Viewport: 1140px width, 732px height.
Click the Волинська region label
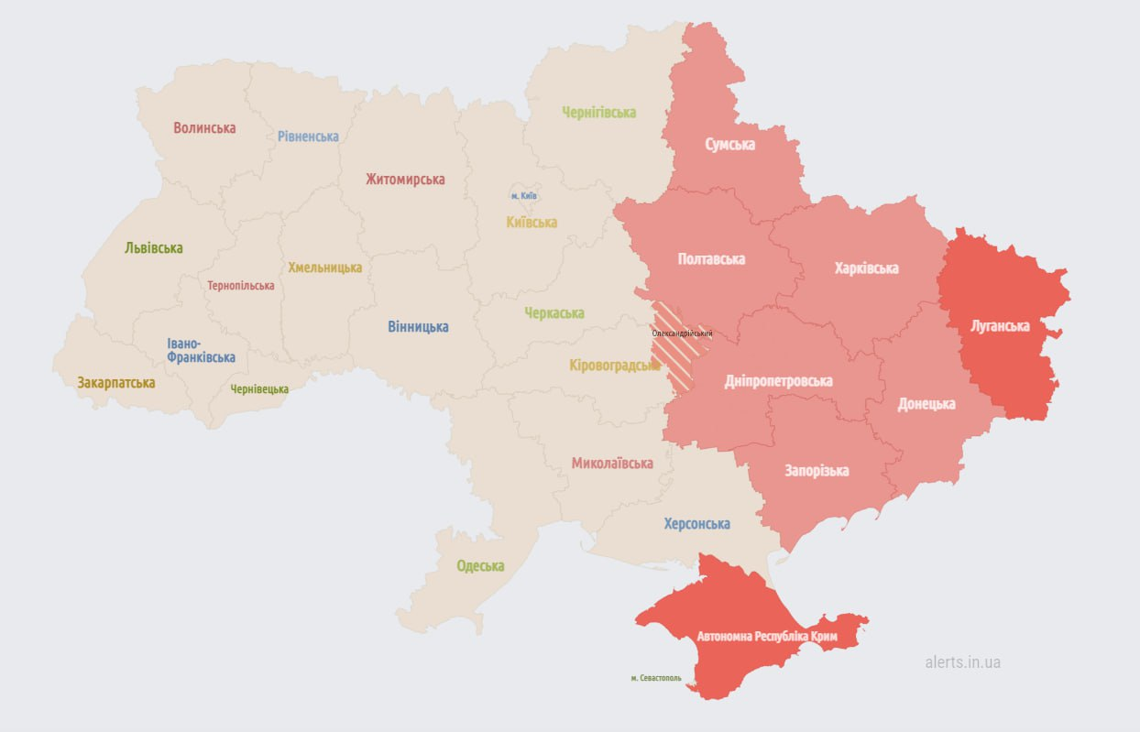pos(204,128)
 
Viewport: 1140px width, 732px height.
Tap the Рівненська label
pos(308,137)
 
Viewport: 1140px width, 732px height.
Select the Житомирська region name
pos(405,180)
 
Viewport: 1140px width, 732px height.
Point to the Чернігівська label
pos(599,113)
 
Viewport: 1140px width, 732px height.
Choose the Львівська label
pos(154,248)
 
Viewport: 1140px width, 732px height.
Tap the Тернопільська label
pos(241,286)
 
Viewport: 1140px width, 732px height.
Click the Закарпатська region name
pos(116,383)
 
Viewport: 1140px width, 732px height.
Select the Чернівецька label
pos(259,389)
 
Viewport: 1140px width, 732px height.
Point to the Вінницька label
pos(418,327)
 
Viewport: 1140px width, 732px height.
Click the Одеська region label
pos(480,566)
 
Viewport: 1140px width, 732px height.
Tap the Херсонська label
pos(697,524)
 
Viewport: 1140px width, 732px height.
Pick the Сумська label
pos(730,145)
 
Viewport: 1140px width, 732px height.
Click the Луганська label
pos(1000,326)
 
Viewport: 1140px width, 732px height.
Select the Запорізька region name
pos(817,471)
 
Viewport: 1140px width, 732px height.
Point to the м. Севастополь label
pos(656,678)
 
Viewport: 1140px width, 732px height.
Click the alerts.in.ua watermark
pos(963,662)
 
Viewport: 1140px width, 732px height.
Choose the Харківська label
pos(867,268)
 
